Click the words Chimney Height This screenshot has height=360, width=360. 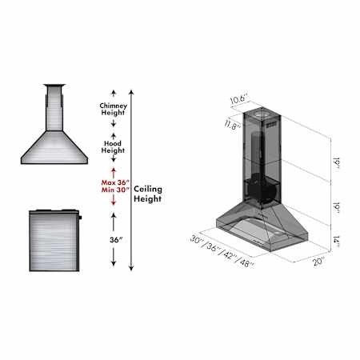(x=113, y=109)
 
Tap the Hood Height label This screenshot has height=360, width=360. (x=113, y=147)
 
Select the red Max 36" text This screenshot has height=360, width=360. (x=115, y=182)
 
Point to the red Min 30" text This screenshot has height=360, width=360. (x=115, y=190)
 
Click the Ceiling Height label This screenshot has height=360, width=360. (x=148, y=194)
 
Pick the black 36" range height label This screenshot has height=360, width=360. (x=116, y=240)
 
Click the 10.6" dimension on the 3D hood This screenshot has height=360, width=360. (x=239, y=99)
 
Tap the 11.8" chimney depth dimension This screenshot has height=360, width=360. (x=233, y=125)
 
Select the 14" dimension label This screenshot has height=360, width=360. (x=336, y=242)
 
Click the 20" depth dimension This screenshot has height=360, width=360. (x=319, y=261)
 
